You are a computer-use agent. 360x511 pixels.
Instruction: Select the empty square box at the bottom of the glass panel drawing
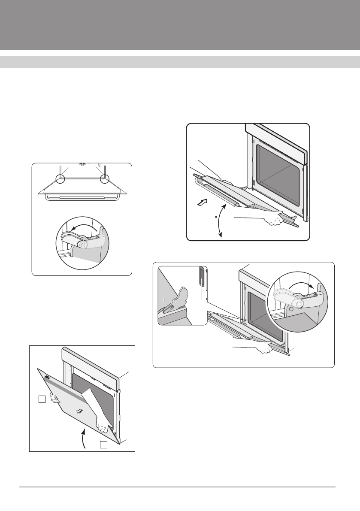[103, 444]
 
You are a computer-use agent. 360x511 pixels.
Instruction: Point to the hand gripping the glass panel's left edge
[53, 399]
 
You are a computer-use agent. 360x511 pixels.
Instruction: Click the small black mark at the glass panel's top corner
[47, 378]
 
